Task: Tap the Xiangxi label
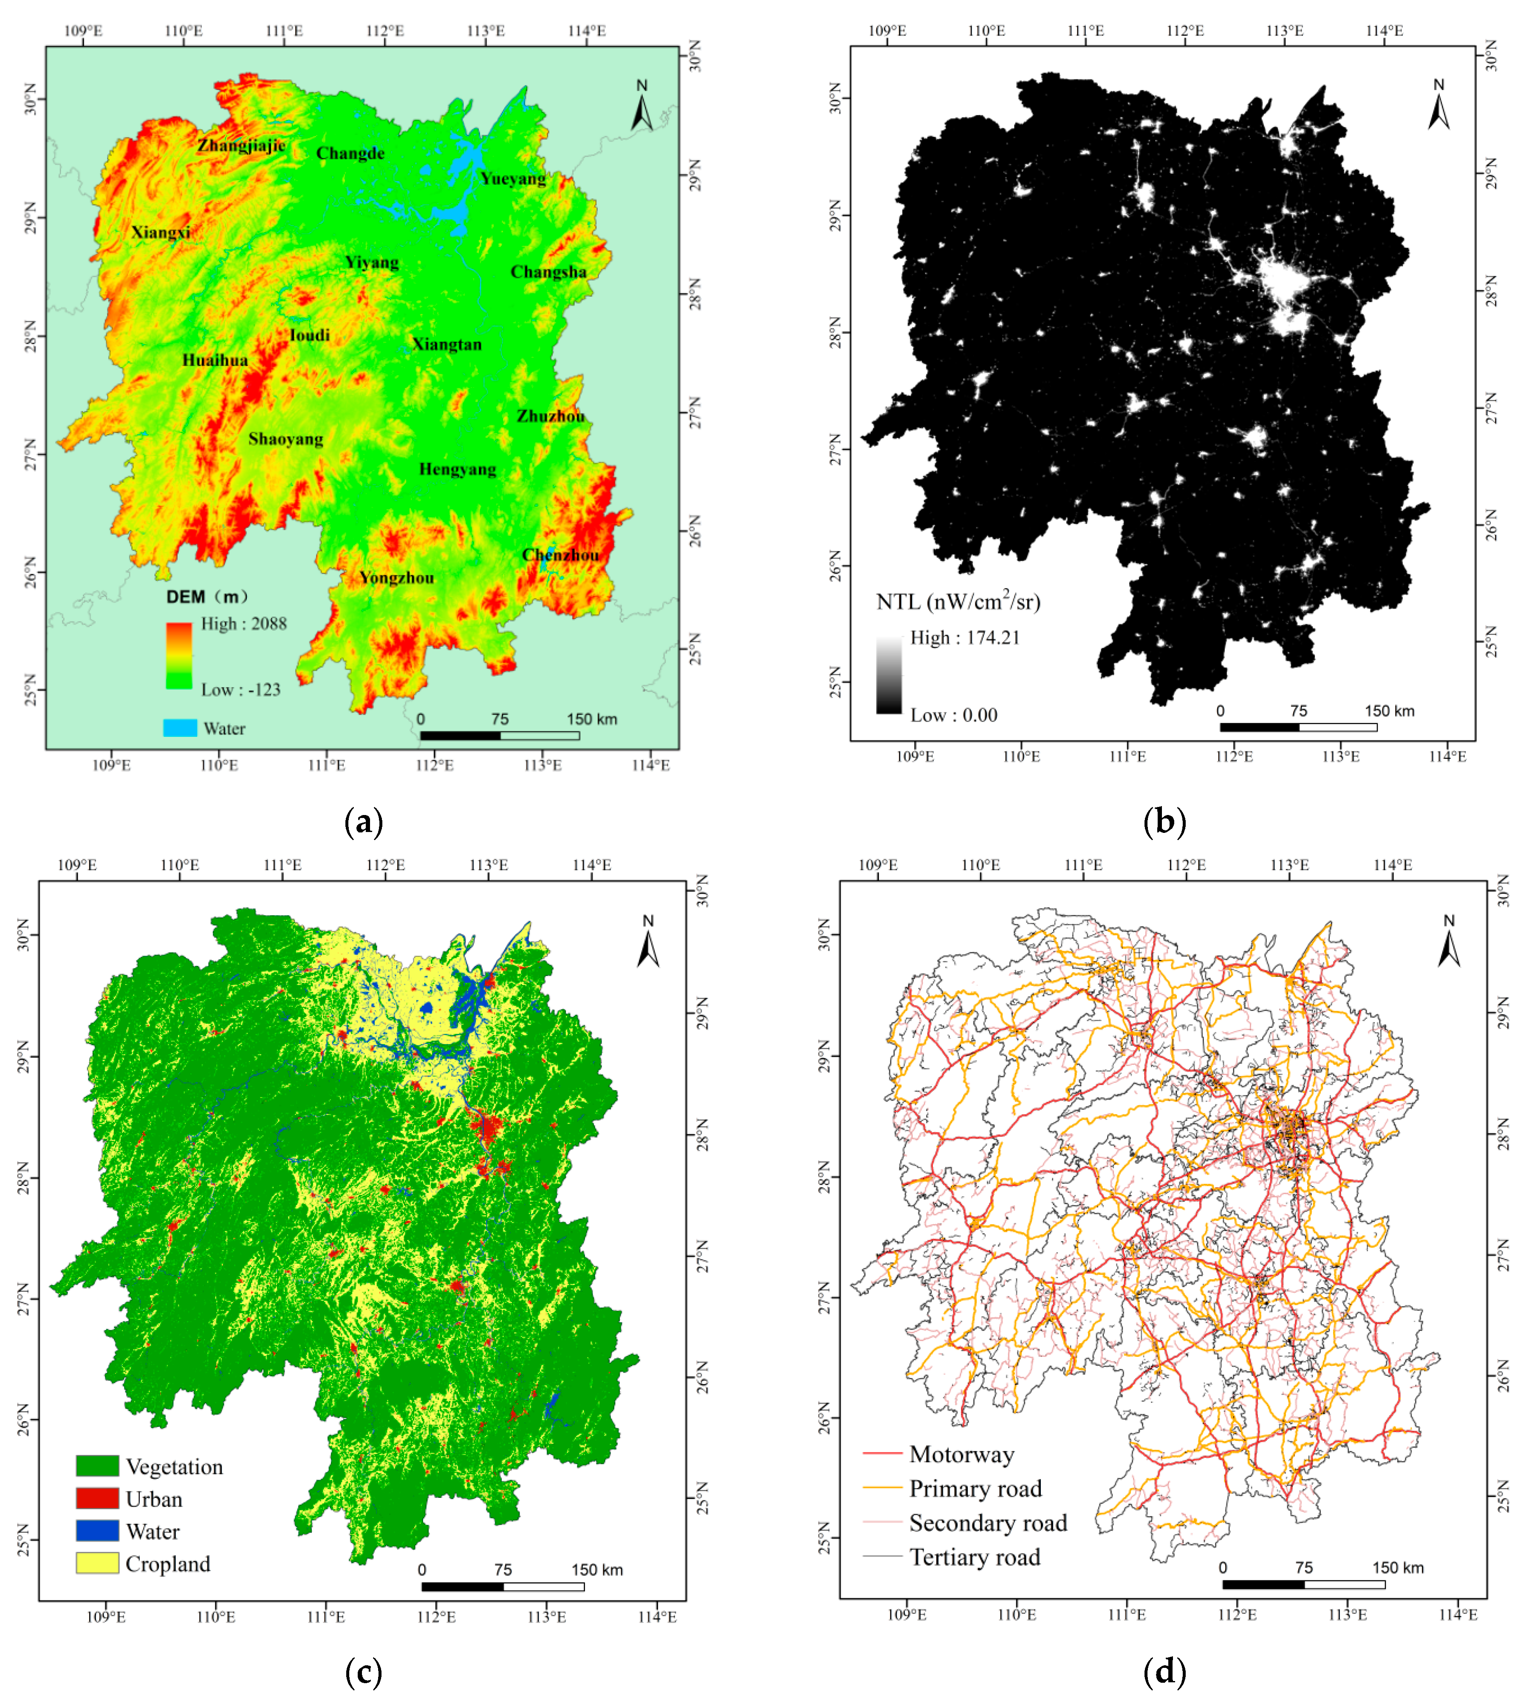[x=161, y=232]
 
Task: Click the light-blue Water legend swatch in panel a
[x=179, y=727]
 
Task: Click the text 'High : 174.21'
[x=965, y=637]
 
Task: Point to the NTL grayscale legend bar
[x=889, y=675]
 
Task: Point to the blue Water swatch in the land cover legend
[x=97, y=1531]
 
